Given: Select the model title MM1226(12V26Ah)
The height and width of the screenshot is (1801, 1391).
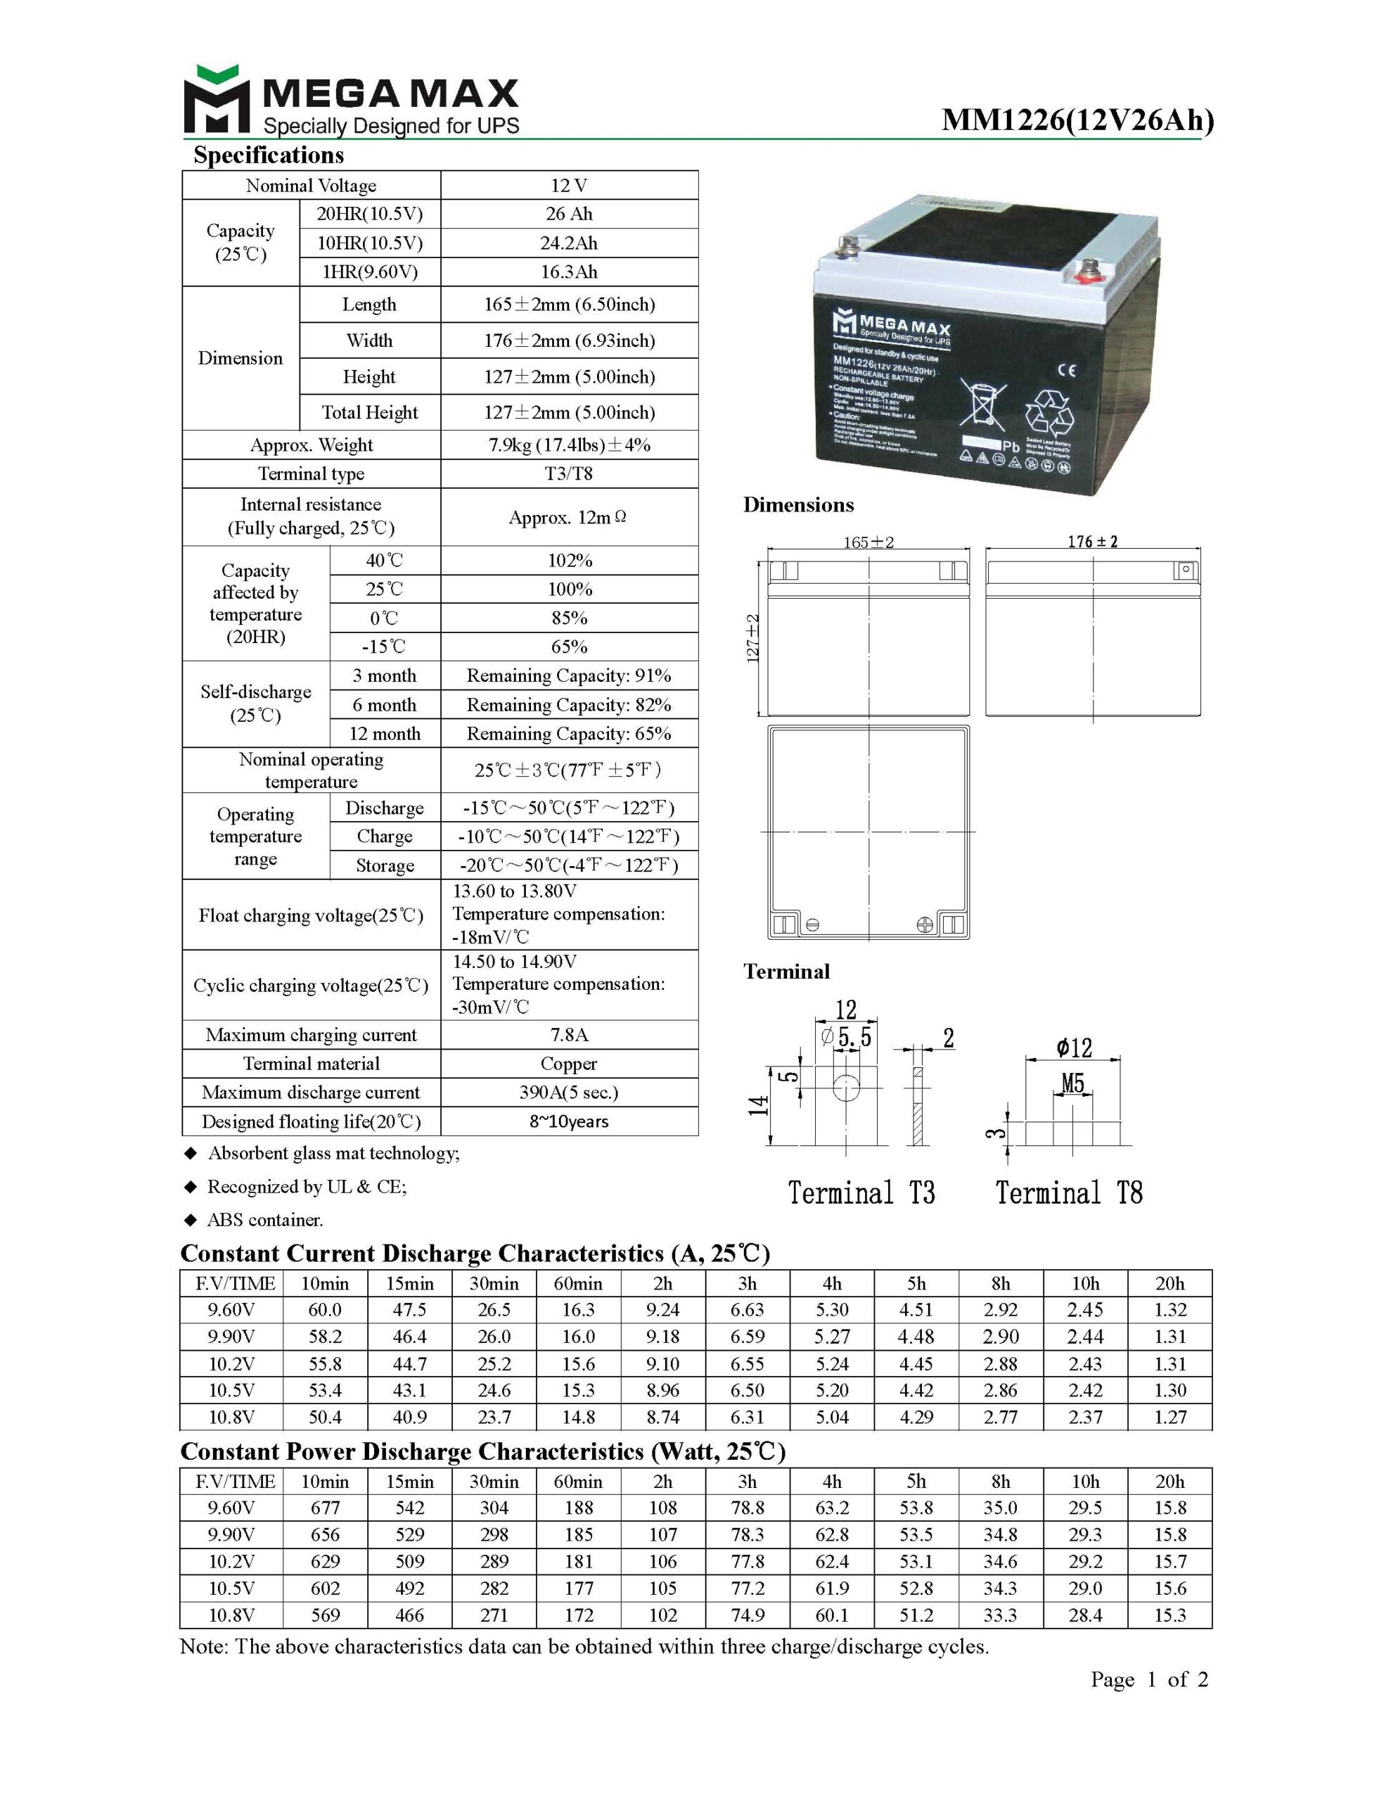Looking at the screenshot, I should (1077, 120).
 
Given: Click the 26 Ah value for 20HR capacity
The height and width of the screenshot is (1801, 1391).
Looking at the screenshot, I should (569, 215).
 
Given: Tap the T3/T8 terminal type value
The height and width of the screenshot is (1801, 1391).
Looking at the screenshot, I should (569, 473).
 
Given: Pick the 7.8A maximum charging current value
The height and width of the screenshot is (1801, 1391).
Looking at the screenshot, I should (569, 1035).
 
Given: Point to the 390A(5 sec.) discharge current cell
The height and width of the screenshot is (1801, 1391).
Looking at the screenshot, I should (569, 1093).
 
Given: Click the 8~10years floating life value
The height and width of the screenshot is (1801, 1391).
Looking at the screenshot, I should (569, 1121).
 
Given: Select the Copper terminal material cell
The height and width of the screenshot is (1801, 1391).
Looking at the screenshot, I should (569, 1064).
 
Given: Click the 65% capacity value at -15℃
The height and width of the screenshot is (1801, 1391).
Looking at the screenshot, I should (569, 647).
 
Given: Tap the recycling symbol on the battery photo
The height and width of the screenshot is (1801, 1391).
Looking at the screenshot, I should (1048, 410).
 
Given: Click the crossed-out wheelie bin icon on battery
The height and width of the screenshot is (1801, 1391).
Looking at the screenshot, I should (983, 405).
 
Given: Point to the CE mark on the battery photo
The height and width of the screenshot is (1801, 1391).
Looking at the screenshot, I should (1065, 370).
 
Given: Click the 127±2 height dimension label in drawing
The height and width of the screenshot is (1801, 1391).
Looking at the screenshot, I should (752, 637).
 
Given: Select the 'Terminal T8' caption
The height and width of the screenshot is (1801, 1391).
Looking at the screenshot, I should (1069, 1192).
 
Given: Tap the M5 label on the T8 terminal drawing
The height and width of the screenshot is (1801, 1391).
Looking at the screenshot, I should (1072, 1083).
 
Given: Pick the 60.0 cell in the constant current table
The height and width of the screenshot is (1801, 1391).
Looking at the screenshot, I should (325, 1309).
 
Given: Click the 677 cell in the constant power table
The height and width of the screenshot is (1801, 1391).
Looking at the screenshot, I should (325, 1508).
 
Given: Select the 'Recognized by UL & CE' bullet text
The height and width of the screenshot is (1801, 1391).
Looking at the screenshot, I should (307, 1187).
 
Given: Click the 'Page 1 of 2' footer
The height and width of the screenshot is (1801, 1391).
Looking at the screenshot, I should (1148, 1679).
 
